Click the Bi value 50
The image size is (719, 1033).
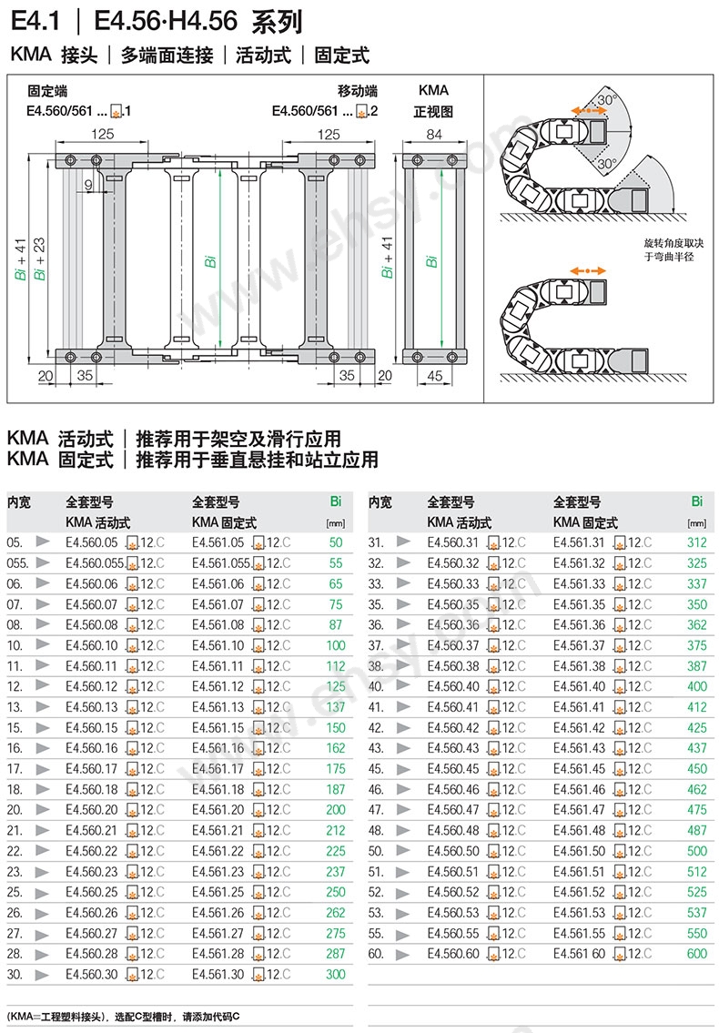(x=336, y=542)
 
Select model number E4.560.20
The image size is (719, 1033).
(x=92, y=810)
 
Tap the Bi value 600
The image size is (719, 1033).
(x=696, y=954)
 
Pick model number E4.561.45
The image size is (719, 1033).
(x=579, y=769)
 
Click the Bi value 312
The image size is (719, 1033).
(x=696, y=542)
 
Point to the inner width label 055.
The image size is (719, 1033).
(x=17, y=563)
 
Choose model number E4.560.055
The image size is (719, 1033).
(x=95, y=563)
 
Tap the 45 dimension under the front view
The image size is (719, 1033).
(x=434, y=375)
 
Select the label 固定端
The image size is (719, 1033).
(x=46, y=91)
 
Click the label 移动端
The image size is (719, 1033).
(x=358, y=91)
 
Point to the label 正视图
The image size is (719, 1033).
(x=433, y=112)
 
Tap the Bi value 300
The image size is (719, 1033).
(x=336, y=975)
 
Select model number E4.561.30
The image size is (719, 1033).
(x=218, y=975)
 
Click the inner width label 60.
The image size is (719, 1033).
(x=377, y=954)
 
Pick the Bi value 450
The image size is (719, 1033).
(x=696, y=769)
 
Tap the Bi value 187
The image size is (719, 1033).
(x=336, y=789)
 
